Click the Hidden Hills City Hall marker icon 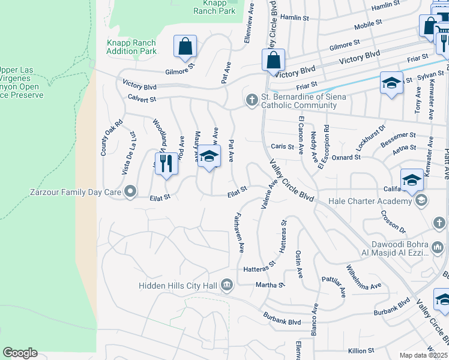(226, 284)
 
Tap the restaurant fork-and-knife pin (166, 164)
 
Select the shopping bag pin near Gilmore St (185, 46)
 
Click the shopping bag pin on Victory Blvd (273, 60)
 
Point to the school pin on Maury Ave (208, 157)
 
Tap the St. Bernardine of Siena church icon (252, 100)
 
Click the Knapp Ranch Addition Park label (131, 47)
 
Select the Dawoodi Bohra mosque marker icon (437, 247)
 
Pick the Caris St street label (282, 146)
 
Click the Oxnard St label (346, 157)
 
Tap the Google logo (20, 353)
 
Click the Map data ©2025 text (423, 355)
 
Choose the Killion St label (361, 350)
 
